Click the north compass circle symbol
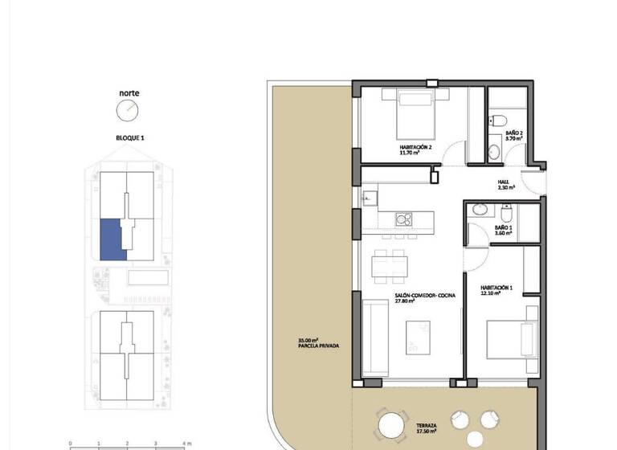[129, 110]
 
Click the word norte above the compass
[129, 92]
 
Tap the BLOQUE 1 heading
[130, 138]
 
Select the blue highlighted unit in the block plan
[111, 239]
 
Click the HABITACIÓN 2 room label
[416, 149]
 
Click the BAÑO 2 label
[514, 135]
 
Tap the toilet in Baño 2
[497, 121]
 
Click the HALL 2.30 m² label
[505, 184]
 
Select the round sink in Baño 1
[480, 210]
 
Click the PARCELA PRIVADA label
[318, 343]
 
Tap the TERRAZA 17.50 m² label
[427, 428]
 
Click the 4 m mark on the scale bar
[186, 443]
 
